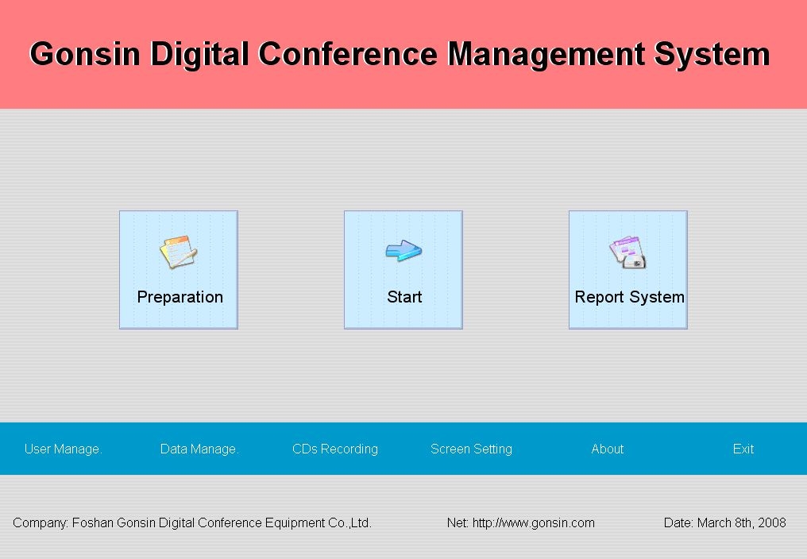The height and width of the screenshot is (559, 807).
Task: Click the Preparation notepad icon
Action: pyautogui.click(x=178, y=252)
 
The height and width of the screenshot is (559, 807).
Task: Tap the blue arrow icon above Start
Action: pyautogui.click(x=403, y=251)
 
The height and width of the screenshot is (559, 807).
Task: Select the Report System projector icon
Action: pyautogui.click(x=628, y=253)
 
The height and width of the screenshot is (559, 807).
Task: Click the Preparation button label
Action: pyautogui.click(x=180, y=297)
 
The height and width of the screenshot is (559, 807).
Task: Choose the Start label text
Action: pyautogui.click(x=404, y=297)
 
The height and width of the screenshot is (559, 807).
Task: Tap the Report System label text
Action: pyautogui.click(x=629, y=297)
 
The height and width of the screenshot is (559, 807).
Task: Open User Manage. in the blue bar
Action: pyautogui.click(x=64, y=449)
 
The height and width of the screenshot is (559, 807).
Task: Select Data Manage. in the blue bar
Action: pyautogui.click(x=199, y=449)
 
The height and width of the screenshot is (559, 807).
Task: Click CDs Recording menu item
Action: pyautogui.click(x=335, y=449)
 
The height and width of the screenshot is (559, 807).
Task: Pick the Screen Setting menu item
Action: pyautogui.click(x=472, y=449)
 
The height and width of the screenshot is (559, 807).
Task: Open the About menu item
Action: pyautogui.click(x=608, y=449)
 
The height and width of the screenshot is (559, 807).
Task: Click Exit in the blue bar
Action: pyautogui.click(x=743, y=449)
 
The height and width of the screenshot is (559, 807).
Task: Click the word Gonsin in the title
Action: pyautogui.click(x=85, y=54)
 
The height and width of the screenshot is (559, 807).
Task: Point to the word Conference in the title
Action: pyautogui.click(x=348, y=54)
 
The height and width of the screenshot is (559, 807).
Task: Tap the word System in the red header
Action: pyautogui.click(x=712, y=55)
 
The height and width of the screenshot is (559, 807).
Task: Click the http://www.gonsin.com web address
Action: pyautogui.click(x=534, y=523)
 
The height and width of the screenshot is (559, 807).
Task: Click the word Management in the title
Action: pyautogui.click(x=546, y=55)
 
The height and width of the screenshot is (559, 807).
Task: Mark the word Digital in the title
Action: pyautogui.click(x=199, y=55)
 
